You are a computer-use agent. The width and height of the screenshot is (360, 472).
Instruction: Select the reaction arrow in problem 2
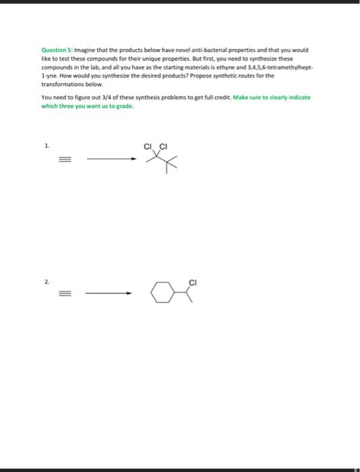point(108,293)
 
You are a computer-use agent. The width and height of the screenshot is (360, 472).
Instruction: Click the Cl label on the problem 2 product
point(193,281)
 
